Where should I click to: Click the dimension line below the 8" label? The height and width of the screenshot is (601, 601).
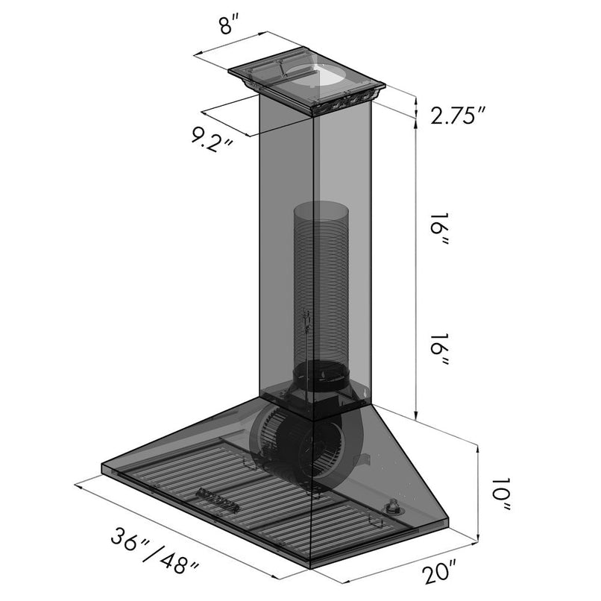231,45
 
